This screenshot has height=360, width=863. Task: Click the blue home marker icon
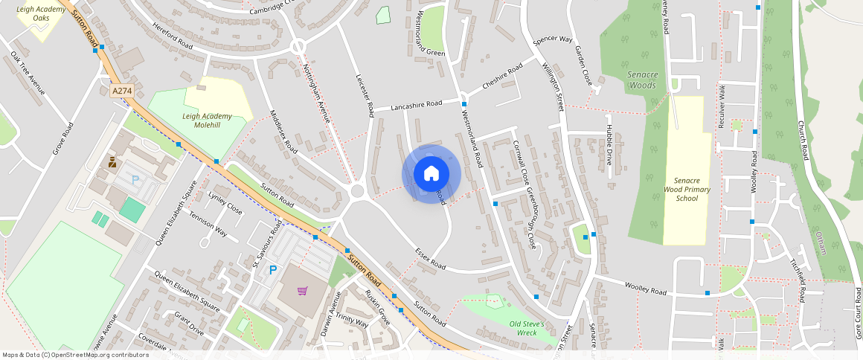pos(431,174)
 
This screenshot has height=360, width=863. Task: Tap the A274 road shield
pos(122,91)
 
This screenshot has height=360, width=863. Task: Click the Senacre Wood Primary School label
pos(687,190)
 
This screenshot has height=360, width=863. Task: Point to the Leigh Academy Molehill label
pos(207,120)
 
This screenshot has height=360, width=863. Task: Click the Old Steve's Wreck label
pos(527,329)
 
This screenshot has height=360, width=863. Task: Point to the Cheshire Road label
pos(502,76)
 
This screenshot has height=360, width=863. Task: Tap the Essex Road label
pos(430,259)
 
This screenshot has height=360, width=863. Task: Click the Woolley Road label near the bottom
pos(645,288)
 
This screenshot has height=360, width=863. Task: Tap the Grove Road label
pos(64,138)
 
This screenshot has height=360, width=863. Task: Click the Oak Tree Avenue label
pos(28,74)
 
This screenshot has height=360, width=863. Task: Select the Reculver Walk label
pos(721,106)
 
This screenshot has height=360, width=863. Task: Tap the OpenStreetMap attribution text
pos(75,355)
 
